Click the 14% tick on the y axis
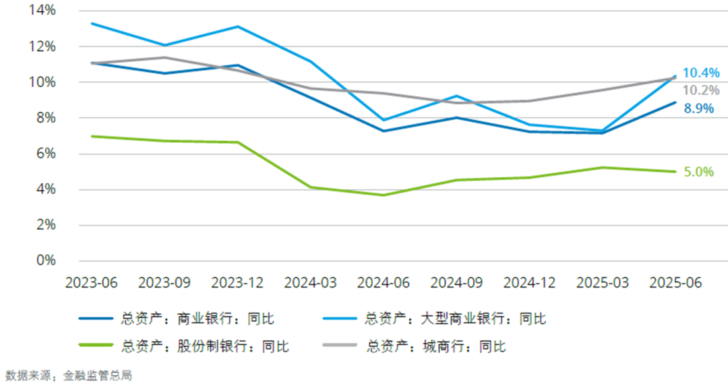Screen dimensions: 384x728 [41, 11]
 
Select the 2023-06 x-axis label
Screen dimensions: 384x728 [91, 283]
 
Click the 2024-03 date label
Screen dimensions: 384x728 [311, 283]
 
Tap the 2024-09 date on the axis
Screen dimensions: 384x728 [456, 283]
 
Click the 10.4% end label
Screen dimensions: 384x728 [701, 73]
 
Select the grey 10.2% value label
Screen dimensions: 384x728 [701, 90]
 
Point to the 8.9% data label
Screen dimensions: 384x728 [698, 108]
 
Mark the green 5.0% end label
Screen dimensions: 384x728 [698, 172]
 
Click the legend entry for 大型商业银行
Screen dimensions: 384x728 [455, 319]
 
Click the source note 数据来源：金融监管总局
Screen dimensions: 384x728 [69, 375]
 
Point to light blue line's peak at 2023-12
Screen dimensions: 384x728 [237, 26]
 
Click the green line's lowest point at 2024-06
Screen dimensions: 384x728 [384, 195]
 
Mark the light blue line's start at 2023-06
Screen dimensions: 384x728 [92, 24]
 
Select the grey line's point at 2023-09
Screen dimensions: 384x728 [164, 57]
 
